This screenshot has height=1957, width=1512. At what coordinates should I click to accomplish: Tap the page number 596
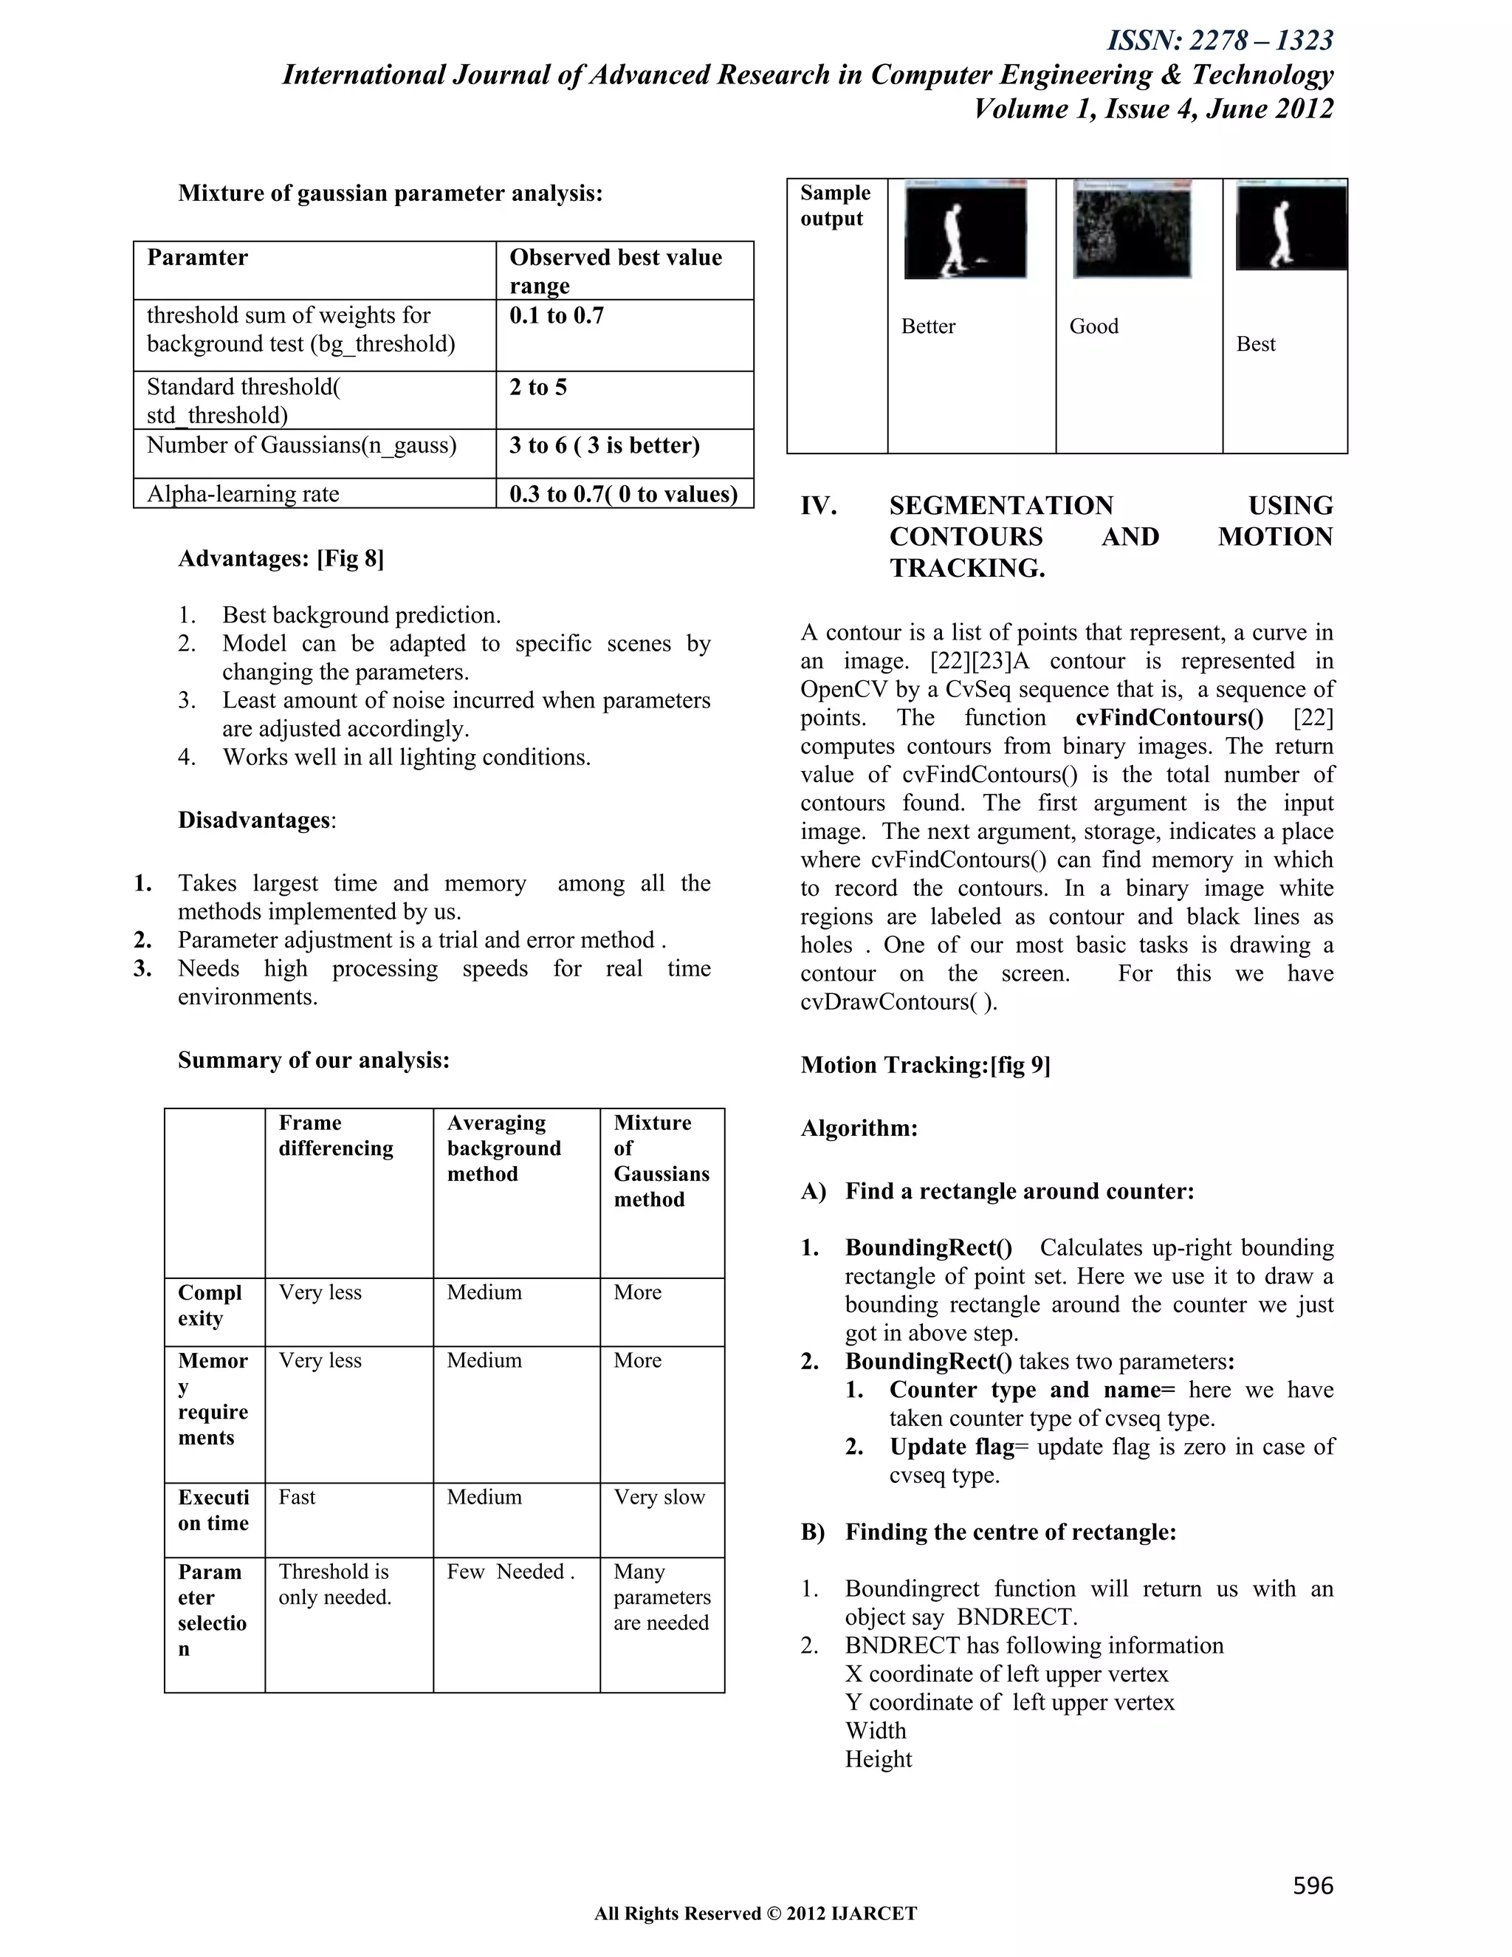point(1312,1885)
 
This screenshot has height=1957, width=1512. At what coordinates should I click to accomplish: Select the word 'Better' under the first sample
point(928,326)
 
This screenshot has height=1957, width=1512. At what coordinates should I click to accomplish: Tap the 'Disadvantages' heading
point(255,820)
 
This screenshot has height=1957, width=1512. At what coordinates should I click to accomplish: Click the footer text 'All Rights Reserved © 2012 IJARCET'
point(755,1913)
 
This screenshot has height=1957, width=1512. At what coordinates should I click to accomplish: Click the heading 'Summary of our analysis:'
point(314,1060)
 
